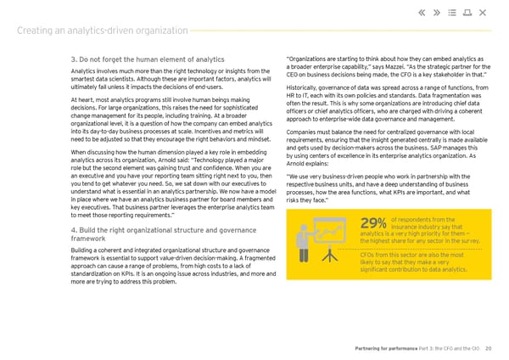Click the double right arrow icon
(x=440, y=12)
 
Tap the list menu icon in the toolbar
(x=459, y=12)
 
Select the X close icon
(x=484, y=12)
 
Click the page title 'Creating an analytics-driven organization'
(x=102, y=31)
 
